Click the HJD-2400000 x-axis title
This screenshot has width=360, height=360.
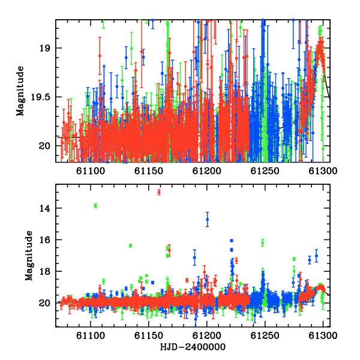193,347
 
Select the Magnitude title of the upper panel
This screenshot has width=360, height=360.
20,91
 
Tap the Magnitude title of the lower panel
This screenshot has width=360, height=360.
29,256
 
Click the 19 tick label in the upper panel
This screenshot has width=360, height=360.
44,49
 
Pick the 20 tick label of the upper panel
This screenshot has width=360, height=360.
44,146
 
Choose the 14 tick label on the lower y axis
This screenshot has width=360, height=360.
44,208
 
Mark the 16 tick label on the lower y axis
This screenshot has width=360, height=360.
44,240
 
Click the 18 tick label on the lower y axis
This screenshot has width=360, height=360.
44,272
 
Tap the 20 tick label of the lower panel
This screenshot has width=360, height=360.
44,303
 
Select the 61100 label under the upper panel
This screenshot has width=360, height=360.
91,171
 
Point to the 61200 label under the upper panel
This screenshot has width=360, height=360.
207,171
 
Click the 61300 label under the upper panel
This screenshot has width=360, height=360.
323,171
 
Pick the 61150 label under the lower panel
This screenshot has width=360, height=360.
149,335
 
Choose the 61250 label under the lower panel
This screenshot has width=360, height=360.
265,335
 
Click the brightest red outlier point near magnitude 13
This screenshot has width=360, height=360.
159,192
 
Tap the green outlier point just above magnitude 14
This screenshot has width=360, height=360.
95,206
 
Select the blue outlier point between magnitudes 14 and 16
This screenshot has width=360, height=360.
208,219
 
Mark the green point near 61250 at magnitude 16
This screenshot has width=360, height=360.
263,242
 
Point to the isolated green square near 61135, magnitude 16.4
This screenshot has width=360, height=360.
130,245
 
